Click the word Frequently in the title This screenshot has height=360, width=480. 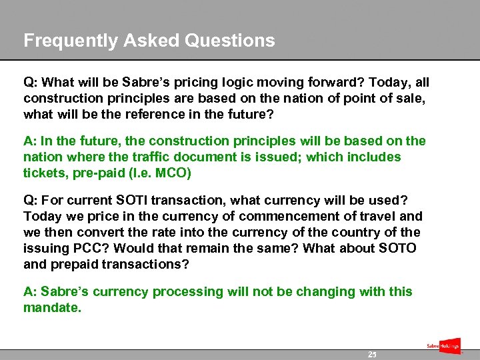click(x=65, y=41)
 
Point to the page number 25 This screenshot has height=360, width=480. click(x=372, y=355)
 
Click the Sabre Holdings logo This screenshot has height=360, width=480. click(x=443, y=346)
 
